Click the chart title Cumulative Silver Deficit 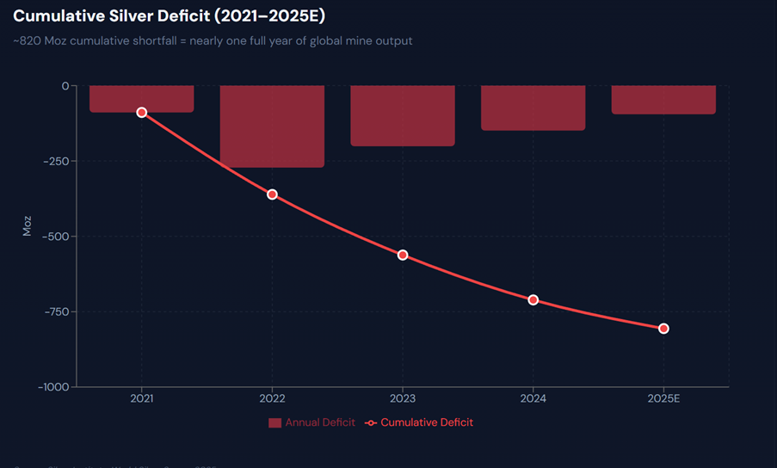coord(169,16)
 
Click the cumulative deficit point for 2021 coord(142,113)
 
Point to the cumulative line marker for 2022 coord(272,194)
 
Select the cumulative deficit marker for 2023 coord(403,255)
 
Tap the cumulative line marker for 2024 coord(533,299)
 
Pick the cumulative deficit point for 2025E coord(663,329)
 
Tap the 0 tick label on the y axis coord(64,86)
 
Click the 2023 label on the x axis coord(403,399)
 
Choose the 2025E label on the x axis coord(663,399)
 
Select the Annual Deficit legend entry coord(311,422)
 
